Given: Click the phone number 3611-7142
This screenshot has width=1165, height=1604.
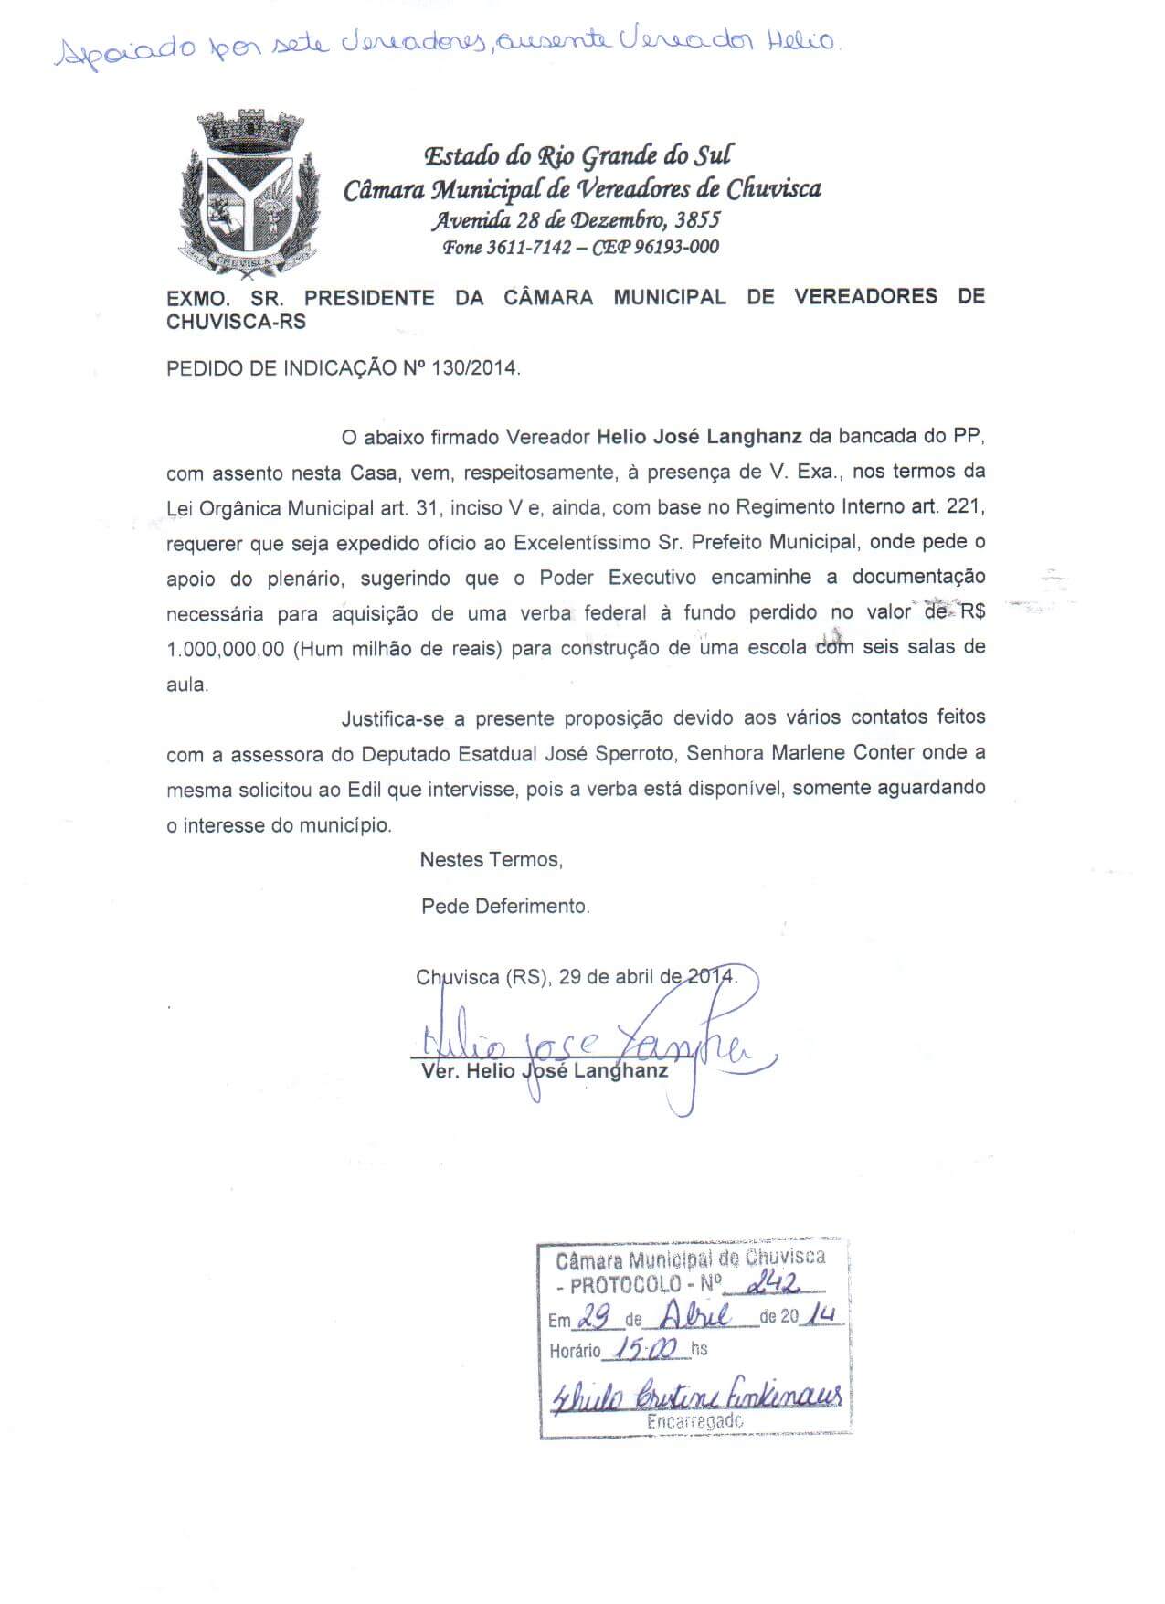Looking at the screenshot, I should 529,248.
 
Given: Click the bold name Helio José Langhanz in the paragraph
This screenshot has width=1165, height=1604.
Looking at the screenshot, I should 699,437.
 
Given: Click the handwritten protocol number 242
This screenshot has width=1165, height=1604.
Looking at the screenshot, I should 773,1286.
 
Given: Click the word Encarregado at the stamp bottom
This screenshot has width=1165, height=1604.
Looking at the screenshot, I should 694,1422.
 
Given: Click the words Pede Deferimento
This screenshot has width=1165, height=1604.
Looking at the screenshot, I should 505,907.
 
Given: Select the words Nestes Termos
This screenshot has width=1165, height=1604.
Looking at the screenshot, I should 491,860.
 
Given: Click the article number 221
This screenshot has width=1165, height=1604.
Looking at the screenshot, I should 966,507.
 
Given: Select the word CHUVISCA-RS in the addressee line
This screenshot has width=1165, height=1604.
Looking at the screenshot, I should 237,323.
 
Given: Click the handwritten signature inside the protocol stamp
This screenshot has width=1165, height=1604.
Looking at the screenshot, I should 694,1396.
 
